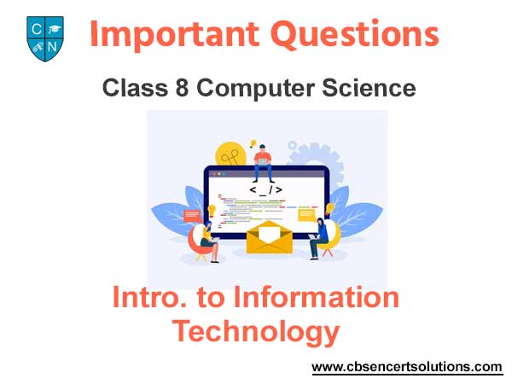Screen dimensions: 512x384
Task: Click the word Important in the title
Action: click(175, 34)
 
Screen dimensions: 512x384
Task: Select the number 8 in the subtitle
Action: click(182, 88)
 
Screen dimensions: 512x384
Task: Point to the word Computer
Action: click(256, 89)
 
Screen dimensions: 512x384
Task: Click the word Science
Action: click(369, 88)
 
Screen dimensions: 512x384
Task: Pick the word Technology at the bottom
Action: click(256, 331)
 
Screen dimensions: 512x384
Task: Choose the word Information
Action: click(317, 297)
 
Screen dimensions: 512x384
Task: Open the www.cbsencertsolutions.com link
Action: click(407, 367)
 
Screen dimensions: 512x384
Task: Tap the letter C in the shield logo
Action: click(37, 29)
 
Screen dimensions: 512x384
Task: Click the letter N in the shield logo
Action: click(52, 47)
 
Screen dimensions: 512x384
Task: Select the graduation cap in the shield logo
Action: click(54, 29)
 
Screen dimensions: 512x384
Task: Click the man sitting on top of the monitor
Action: click(263, 163)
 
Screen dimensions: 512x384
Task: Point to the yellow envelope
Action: click(270, 237)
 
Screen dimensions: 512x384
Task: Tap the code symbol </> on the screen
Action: click(265, 189)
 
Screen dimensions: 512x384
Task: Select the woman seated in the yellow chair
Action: click(319, 238)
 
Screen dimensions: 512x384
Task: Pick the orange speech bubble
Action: click(192, 216)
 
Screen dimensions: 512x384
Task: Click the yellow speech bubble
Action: click(306, 216)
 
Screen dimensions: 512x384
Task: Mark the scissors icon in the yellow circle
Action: click(230, 158)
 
